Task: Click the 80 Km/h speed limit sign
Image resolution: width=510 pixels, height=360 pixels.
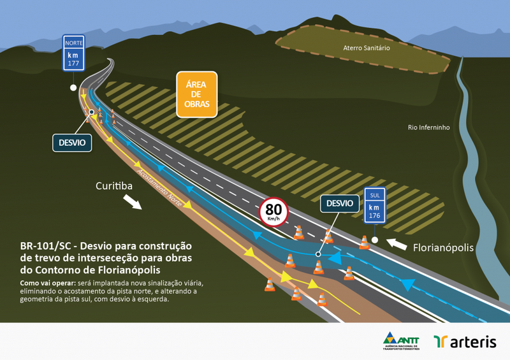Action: coord(273,211)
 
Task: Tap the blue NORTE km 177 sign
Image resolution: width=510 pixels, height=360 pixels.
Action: coord(74,53)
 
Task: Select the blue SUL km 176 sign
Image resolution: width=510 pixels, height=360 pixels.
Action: coord(374,205)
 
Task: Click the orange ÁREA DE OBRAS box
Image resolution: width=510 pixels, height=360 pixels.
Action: coord(197,94)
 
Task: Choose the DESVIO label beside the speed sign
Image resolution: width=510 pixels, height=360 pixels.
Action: coord(339,204)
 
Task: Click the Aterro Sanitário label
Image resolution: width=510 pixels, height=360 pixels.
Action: coord(366,48)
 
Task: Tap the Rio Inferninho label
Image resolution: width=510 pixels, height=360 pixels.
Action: coord(428,127)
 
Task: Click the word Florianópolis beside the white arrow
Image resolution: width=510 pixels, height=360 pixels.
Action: coord(443,248)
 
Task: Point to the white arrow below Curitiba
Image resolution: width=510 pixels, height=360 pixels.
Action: coord(133,202)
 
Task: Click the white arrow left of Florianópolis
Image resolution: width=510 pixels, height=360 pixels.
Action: coord(397,243)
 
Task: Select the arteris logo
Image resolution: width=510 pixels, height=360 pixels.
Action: coord(465,342)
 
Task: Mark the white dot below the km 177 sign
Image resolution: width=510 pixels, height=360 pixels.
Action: coord(74,87)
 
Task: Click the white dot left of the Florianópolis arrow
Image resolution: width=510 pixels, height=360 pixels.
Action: coord(375,240)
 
